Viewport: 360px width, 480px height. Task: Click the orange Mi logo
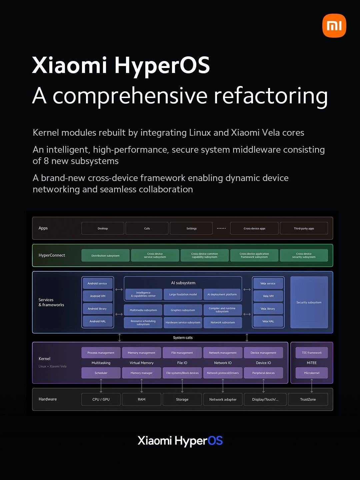pos(334,26)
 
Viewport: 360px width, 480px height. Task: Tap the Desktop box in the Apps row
pos(103,228)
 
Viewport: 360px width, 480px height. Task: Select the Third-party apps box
pos(304,228)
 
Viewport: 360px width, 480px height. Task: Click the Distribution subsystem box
pos(105,256)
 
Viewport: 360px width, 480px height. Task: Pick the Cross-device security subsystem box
pos(304,255)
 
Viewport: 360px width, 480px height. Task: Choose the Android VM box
pos(98,296)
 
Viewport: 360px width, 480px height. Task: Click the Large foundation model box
pos(183,294)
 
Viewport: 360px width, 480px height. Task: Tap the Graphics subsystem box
pos(183,310)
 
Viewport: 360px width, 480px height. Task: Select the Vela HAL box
pos(268,321)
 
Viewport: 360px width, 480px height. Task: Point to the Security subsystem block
pos(309,302)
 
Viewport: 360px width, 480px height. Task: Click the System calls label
pos(183,338)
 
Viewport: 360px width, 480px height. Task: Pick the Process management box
pos(101,353)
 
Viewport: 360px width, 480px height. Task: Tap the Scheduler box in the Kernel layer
pos(101,373)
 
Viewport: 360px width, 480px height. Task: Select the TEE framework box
pos(312,353)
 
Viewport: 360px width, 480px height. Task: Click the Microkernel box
pos(312,373)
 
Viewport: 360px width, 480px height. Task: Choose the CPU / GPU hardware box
pos(101,399)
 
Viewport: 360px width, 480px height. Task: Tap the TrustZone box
pos(308,399)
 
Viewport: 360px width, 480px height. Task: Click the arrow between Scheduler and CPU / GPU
pos(101,386)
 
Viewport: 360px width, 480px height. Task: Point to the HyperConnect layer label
pos(52,255)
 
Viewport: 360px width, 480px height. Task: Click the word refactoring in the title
pos(271,96)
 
